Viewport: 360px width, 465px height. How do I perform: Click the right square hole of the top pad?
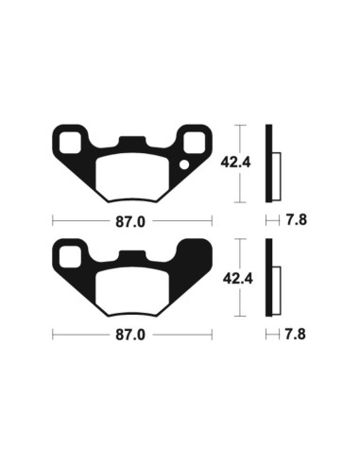[194, 144]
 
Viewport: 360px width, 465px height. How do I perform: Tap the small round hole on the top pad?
[185, 166]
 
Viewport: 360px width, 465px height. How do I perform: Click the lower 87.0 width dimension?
[132, 334]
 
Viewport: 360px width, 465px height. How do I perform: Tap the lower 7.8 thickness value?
[296, 334]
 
